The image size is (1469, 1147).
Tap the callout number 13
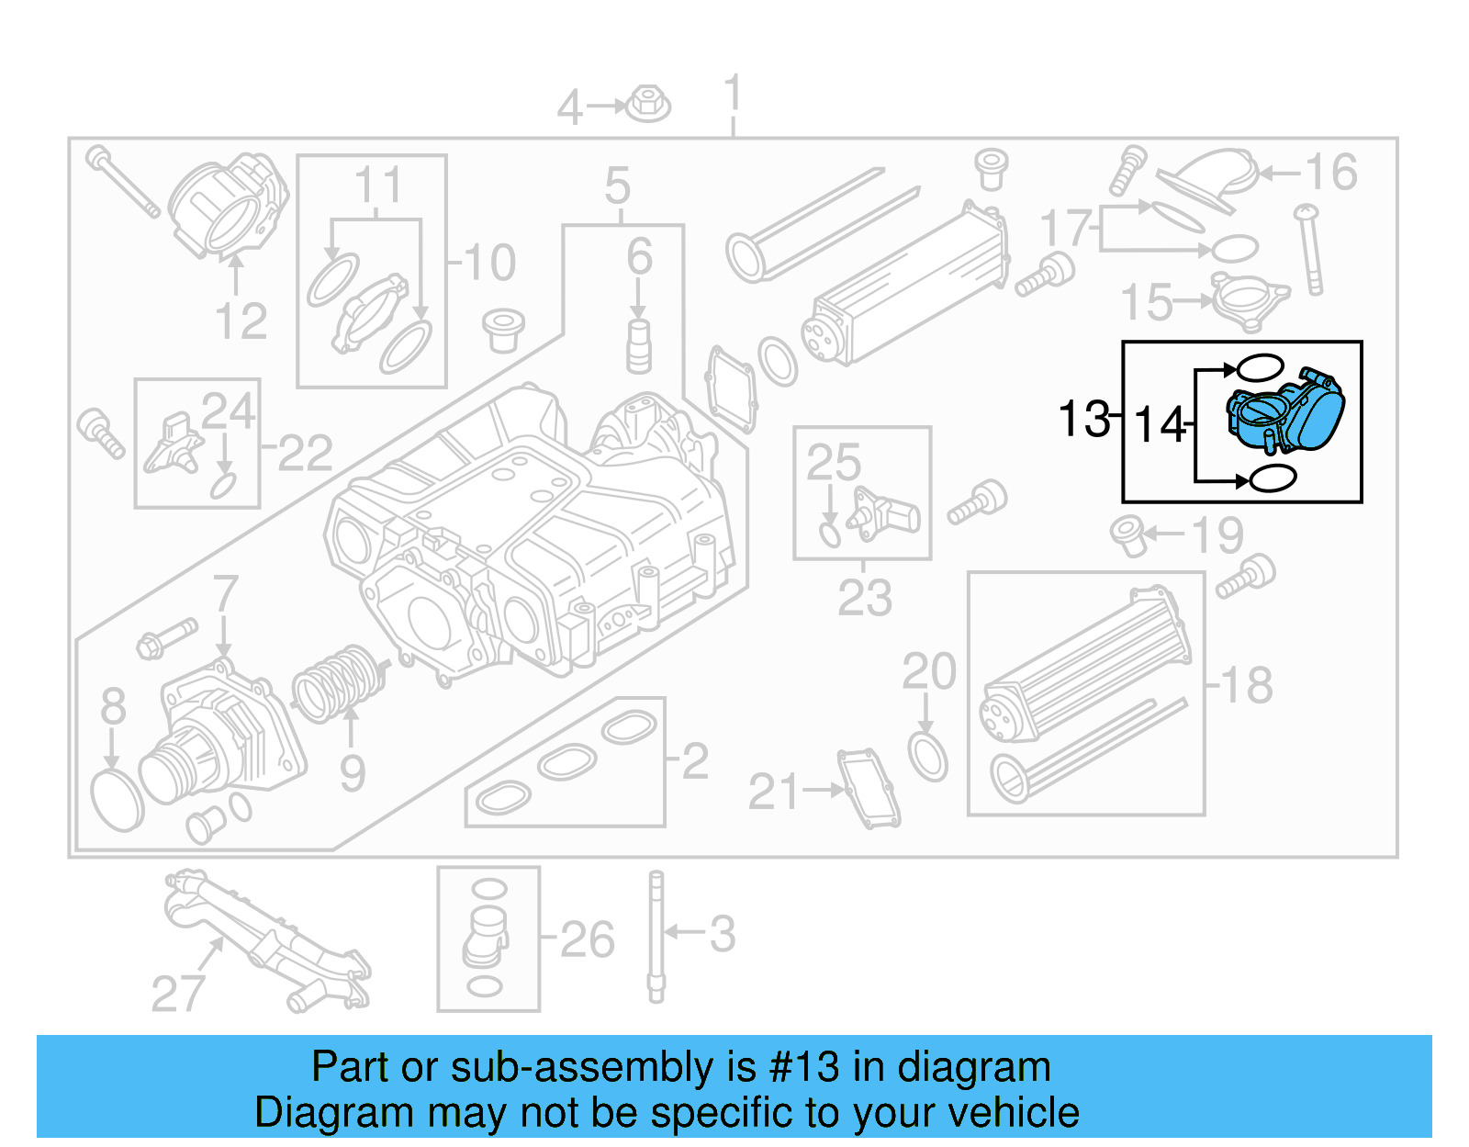pyautogui.click(x=1083, y=419)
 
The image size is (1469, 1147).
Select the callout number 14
pyautogui.click(x=1160, y=425)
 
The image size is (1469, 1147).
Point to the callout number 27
pyautogui.click(x=178, y=994)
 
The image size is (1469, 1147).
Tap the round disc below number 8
pyautogui.click(x=118, y=800)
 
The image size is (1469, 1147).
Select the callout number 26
pyautogui.click(x=587, y=939)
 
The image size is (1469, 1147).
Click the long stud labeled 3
pyautogui.click(x=656, y=937)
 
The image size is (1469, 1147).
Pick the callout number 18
pyautogui.click(x=1246, y=686)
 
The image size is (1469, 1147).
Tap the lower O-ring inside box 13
pyautogui.click(x=1273, y=478)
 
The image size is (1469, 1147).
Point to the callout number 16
pyautogui.click(x=1330, y=173)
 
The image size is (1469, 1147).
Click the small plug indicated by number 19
pyautogui.click(x=1128, y=535)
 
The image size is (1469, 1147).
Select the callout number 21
pyautogui.click(x=773, y=793)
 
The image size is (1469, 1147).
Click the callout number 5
pyautogui.click(x=617, y=186)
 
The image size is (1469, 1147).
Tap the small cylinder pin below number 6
pyautogui.click(x=639, y=346)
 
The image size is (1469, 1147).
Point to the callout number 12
pyautogui.click(x=241, y=321)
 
